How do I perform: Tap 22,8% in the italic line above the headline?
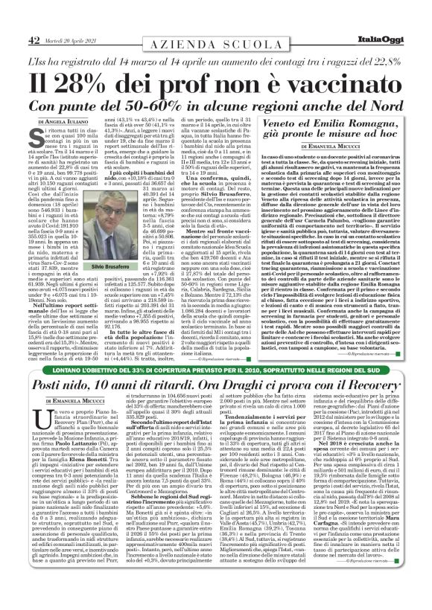pos(388,58)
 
